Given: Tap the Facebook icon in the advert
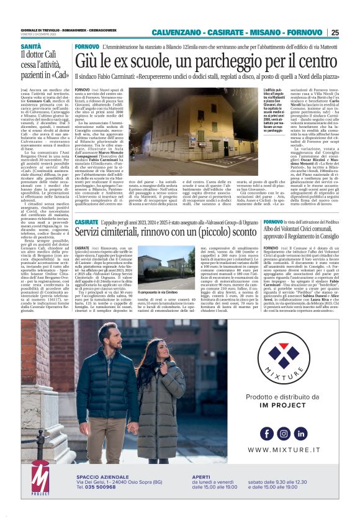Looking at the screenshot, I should (266, 433).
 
